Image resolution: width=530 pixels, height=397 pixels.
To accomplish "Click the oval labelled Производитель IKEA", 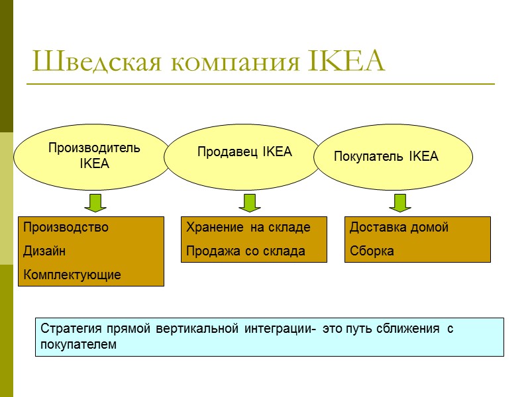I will (93, 155).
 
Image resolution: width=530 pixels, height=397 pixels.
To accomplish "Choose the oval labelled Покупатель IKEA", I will (396, 157).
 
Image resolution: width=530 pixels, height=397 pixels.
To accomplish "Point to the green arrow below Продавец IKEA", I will (249, 202).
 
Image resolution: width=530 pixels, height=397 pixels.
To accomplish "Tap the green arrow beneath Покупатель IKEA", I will (399, 202).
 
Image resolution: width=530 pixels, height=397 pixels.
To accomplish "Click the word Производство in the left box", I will (66, 228).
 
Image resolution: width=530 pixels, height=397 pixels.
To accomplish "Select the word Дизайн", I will (44, 251).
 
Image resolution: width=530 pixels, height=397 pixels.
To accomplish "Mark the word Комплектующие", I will (72, 275).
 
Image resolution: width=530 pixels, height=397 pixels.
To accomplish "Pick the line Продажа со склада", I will (246, 251).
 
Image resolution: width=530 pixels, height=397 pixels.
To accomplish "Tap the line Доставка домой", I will (399, 228).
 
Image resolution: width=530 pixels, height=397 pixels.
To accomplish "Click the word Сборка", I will (372, 251).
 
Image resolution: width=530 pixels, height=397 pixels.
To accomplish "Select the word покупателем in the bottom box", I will (78, 345).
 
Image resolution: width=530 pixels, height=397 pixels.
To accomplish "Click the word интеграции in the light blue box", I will (278, 329).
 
